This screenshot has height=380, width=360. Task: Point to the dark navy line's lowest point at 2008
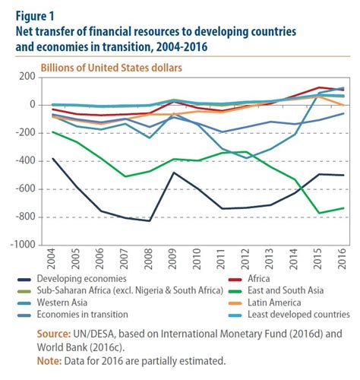click(x=149, y=220)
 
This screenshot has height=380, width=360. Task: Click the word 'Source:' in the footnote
click(x=55, y=333)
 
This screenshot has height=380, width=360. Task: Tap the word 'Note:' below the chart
click(x=50, y=360)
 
